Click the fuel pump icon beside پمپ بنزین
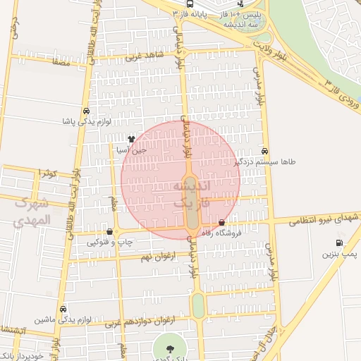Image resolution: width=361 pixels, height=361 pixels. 340,243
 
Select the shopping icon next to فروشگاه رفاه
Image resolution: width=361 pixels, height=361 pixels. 222,224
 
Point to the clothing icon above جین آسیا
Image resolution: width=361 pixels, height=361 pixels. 131,140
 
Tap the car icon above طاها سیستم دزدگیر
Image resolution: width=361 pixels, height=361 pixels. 264,151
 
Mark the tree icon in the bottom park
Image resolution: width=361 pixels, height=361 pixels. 169,348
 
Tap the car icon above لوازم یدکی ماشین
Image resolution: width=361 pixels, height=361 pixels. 63,309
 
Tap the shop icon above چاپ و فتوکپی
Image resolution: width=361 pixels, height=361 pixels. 109,231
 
